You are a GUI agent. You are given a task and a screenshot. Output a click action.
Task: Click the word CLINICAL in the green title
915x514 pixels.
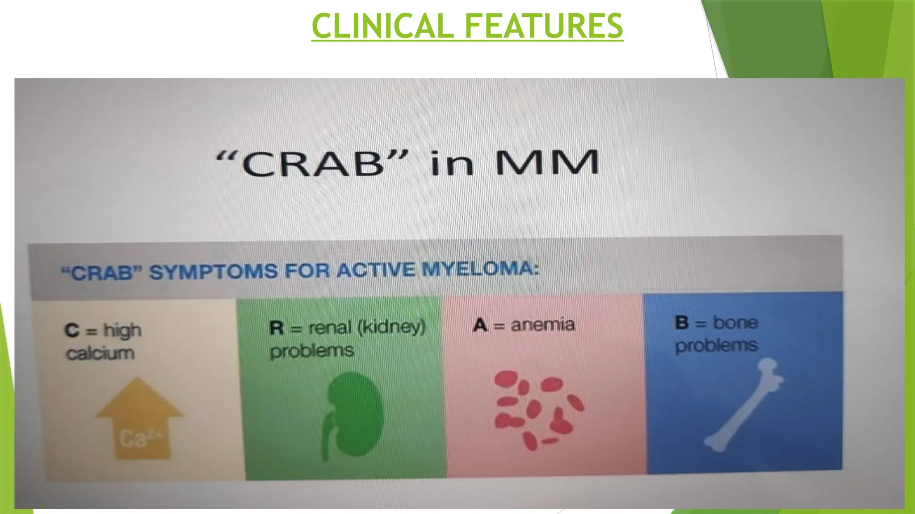pos(382,26)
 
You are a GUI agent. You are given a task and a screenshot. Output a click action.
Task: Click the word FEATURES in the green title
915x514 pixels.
pos(544,26)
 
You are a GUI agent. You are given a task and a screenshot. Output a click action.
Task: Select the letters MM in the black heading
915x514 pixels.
pos(547,162)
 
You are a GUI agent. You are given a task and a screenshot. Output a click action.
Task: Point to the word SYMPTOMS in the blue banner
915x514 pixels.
pos(214,272)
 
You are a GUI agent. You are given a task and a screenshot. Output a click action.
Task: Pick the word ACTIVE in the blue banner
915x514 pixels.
pos(376,270)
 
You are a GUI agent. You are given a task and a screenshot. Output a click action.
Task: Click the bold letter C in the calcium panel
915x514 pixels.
pos(71,331)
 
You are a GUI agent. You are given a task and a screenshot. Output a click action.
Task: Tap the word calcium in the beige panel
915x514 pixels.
pos(100,353)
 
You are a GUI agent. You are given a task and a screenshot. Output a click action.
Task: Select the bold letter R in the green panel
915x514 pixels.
pos(277,328)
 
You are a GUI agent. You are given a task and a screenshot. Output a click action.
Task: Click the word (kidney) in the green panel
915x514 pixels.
pos(391,327)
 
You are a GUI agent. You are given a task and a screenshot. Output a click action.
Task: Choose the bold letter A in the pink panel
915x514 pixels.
pos(480,325)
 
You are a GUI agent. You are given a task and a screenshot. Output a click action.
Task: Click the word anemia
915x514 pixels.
pos(542,324)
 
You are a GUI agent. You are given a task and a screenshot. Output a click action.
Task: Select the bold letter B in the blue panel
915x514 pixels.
pos(682,323)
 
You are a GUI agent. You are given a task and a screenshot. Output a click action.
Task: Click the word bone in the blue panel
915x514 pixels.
pos(735,322)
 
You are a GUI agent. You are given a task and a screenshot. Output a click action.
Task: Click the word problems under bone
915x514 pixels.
pos(716,345)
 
